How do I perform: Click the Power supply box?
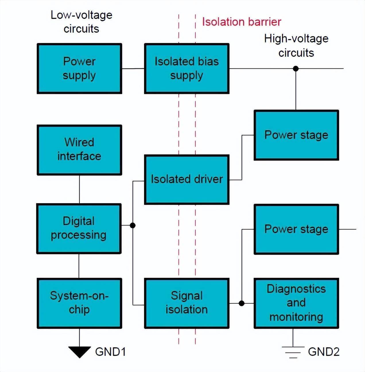(x=79, y=69)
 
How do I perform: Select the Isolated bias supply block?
(x=187, y=69)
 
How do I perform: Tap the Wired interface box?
(x=79, y=150)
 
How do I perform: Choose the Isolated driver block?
(x=187, y=179)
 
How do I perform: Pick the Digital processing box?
(x=79, y=228)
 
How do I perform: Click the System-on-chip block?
(x=79, y=303)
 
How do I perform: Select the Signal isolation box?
(x=187, y=303)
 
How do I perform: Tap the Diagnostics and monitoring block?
(x=296, y=303)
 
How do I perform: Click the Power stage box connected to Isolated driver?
(x=296, y=135)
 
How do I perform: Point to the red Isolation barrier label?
(x=241, y=22)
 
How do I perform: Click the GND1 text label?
(x=110, y=352)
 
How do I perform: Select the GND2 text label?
(x=324, y=352)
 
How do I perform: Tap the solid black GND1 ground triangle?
(x=79, y=352)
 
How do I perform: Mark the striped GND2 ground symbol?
(x=293, y=352)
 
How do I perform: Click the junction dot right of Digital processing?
(x=133, y=225)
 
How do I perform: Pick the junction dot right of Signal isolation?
(x=242, y=303)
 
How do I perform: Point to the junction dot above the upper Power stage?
(x=296, y=69)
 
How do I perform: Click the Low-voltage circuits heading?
(x=81, y=22)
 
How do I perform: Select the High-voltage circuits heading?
(x=296, y=46)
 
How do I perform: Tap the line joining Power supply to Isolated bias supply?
(x=133, y=69)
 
